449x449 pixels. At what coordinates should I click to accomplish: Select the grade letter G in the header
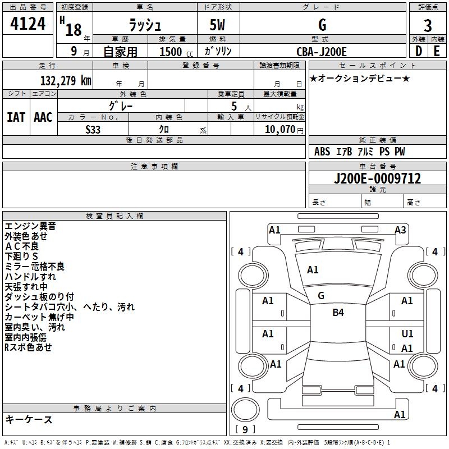pyautogui.click(x=322, y=26)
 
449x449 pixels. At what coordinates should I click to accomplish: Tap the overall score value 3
pyautogui.click(x=428, y=26)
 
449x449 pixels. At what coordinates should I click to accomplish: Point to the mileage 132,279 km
pyautogui.click(x=66, y=80)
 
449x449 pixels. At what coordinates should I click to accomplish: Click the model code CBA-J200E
pyautogui.click(x=322, y=52)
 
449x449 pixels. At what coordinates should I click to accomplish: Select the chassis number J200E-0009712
pyautogui.click(x=377, y=179)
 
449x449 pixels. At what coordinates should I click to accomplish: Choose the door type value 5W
pyautogui.click(x=218, y=26)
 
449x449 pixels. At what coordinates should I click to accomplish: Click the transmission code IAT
pyautogui.click(x=16, y=117)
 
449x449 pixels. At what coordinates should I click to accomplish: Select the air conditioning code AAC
pyautogui.click(x=43, y=117)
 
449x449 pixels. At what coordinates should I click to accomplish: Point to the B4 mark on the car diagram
pyautogui.click(x=338, y=313)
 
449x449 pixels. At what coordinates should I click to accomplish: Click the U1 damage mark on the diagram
pyautogui.click(x=407, y=334)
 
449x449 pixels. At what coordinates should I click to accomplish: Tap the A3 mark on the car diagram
pyautogui.click(x=400, y=230)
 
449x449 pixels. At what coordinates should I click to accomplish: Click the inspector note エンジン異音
pyautogui.click(x=30, y=226)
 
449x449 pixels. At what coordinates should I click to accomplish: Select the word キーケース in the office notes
pyautogui.click(x=29, y=419)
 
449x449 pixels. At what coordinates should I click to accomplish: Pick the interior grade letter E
pyautogui.click(x=437, y=52)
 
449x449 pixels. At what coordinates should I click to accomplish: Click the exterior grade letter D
pyautogui.click(x=419, y=52)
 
